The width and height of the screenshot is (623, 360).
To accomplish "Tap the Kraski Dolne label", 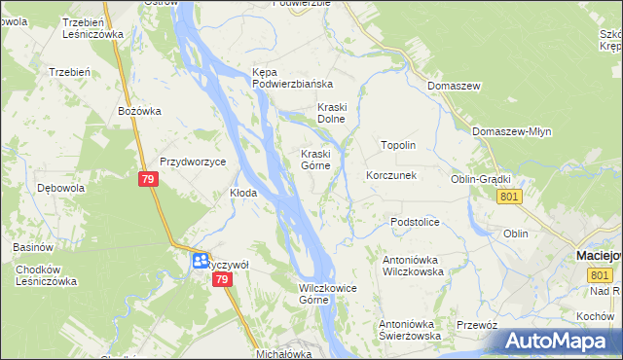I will point(332,113).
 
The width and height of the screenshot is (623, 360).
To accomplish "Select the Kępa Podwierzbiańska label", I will point(292,78).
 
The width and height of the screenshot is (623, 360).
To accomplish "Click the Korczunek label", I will point(391,176).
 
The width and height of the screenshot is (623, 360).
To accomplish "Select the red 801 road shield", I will point(508,197).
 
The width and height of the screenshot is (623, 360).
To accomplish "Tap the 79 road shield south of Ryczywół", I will point(222,279).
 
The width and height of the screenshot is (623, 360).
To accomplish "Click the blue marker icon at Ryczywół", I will point(199,261).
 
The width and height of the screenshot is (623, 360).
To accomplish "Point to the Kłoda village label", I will point(242,193).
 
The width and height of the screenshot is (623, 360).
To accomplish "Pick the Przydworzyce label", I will point(193,162).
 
